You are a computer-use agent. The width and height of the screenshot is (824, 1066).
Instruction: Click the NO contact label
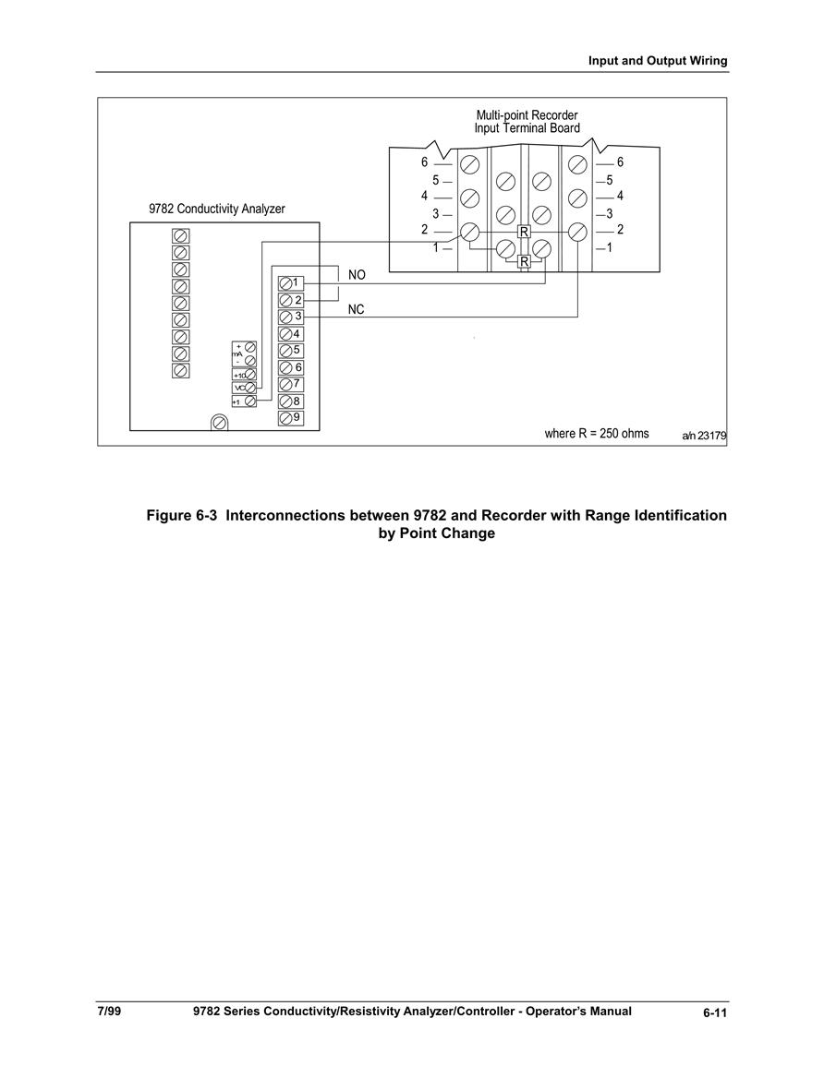pyautogui.click(x=357, y=275)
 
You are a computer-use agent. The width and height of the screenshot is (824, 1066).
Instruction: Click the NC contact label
pyautogui.click(x=356, y=309)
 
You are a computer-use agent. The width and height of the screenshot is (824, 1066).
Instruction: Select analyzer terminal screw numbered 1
pyautogui.click(x=285, y=282)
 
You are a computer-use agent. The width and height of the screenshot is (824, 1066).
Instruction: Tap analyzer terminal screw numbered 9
pyautogui.click(x=285, y=418)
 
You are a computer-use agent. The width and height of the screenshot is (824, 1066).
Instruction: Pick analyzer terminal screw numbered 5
pyautogui.click(x=285, y=351)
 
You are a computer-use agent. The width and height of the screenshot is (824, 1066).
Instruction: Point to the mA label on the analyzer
pyautogui.click(x=237, y=354)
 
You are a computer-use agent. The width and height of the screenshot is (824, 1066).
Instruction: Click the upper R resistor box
pyautogui.click(x=523, y=232)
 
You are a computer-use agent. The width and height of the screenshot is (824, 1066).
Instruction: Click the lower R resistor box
pyautogui.click(x=523, y=262)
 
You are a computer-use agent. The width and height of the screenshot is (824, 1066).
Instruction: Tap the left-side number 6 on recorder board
pyautogui.click(x=425, y=162)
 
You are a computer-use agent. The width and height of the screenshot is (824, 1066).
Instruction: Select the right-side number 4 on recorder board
pyautogui.click(x=620, y=196)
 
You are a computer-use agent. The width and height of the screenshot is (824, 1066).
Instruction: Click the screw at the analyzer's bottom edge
pyautogui.click(x=219, y=423)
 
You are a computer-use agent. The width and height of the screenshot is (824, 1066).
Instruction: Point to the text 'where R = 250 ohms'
pyautogui.click(x=597, y=433)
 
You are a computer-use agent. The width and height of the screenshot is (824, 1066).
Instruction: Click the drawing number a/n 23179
pyautogui.click(x=704, y=436)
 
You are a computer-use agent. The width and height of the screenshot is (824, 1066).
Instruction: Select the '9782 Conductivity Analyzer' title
pyautogui.click(x=217, y=209)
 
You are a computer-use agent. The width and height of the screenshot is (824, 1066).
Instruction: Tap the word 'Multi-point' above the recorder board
pyautogui.click(x=503, y=115)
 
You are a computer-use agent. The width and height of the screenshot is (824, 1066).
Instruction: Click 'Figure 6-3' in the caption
pyautogui.click(x=182, y=515)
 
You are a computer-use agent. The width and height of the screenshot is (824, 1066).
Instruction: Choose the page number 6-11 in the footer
pyautogui.click(x=715, y=1013)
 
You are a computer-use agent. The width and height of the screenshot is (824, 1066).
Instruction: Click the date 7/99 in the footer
pyautogui.click(x=109, y=1011)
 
